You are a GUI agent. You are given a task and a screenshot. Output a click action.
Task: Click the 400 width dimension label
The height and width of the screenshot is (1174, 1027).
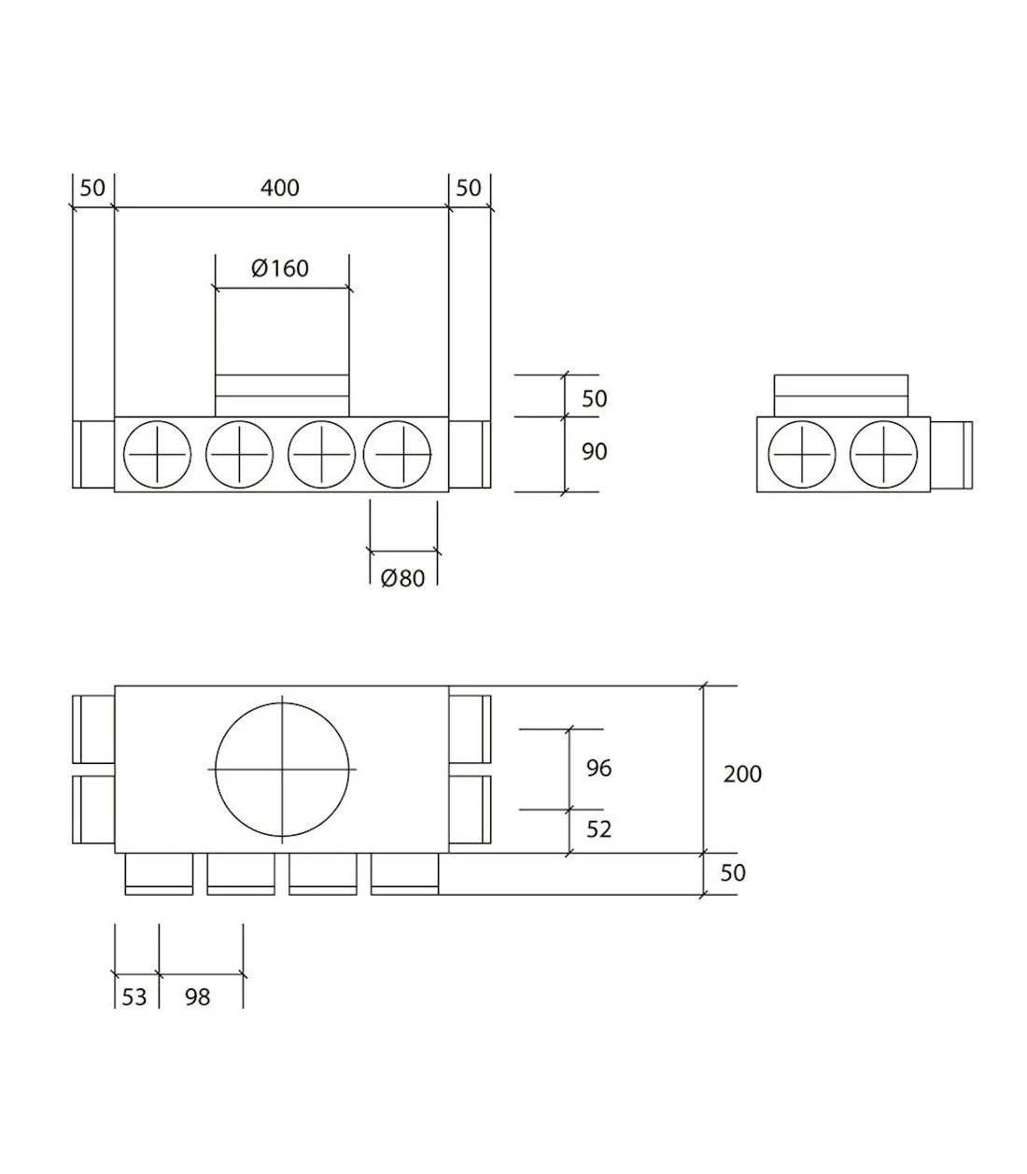[x=280, y=188]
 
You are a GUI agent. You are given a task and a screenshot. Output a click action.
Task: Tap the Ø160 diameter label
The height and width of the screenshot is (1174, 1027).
[x=280, y=268]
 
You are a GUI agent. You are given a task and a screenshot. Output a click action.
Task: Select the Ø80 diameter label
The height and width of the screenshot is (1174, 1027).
[x=402, y=578]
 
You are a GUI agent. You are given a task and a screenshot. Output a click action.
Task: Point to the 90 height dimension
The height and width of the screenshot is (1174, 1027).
[x=594, y=452]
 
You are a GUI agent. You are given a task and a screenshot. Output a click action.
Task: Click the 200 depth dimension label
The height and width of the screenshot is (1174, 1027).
[x=742, y=774]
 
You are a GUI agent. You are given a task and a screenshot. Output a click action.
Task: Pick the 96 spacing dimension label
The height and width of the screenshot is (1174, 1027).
[x=598, y=769]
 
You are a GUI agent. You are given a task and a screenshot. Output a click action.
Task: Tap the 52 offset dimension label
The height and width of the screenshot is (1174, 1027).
[x=598, y=829]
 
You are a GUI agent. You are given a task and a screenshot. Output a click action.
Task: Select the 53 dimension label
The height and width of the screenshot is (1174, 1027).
[x=134, y=997]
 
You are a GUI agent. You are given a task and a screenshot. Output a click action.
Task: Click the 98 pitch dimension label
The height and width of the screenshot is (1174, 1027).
[x=197, y=997]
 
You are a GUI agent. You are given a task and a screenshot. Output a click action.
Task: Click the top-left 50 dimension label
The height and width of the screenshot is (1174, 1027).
[x=92, y=188]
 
